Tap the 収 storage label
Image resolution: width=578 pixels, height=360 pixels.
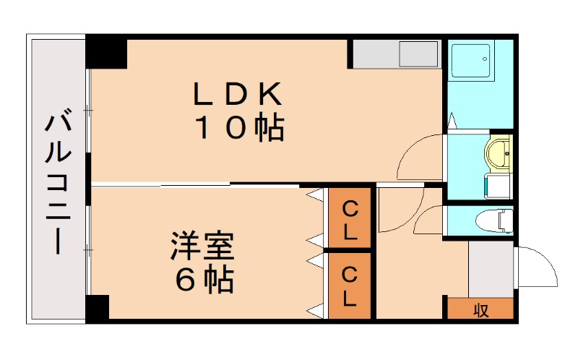(480, 309)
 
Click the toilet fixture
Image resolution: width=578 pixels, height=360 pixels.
(496, 218)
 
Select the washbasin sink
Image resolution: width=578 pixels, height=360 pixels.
(499, 153)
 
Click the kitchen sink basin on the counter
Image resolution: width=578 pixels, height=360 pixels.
(419, 54)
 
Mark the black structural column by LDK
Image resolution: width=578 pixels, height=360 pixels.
(106, 52)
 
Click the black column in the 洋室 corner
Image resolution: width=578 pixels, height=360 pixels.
(97, 308)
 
